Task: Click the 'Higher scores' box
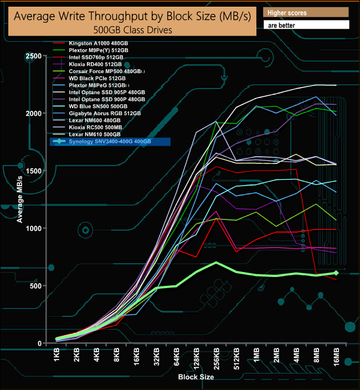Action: pos(306,12)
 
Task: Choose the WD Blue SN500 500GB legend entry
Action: pos(98,106)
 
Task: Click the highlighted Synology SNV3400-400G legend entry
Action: pos(110,142)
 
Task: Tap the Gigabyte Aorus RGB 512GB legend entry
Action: pos(105,113)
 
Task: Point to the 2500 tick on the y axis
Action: pos(32,56)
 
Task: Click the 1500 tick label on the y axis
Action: pos(32,171)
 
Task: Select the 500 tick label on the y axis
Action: pos(36,286)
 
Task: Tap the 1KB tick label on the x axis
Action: pos(58,358)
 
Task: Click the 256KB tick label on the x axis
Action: pos(216,360)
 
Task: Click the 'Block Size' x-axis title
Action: pos(196,377)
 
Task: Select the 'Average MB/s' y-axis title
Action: pos(20,199)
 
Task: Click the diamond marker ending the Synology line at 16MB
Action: pos(336,273)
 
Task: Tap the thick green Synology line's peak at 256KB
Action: pos(216,263)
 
